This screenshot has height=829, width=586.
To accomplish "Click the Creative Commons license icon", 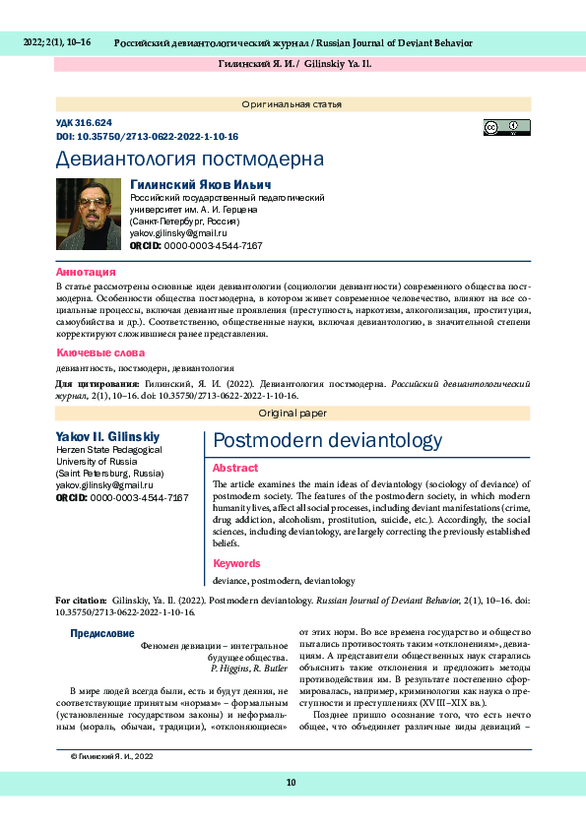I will (x=506, y=127).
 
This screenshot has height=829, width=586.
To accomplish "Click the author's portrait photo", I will (x=89, y=214).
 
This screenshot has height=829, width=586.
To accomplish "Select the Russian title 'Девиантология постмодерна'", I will (x=189, y=159).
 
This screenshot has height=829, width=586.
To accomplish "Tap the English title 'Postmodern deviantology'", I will (x=327, y=441).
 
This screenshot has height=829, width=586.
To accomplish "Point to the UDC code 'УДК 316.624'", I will (x=84, y=123).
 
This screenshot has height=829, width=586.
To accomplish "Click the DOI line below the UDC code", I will (x=147, y=137).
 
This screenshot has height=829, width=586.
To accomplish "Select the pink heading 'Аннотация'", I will (x=86, y=272).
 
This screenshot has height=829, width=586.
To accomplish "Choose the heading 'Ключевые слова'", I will (x=99, y=352).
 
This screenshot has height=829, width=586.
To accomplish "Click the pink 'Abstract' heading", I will (x=235, y=469).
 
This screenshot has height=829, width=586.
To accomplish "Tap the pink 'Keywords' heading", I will (x=236, y=563).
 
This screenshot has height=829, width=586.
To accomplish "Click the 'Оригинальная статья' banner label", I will (x=293, y=104).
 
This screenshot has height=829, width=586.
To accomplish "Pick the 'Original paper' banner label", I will (x=293, y=414).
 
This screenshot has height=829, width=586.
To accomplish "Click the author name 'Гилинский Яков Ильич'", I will (x=201, y=184).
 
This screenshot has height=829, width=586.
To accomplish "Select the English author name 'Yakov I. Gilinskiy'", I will (x=107, y=436).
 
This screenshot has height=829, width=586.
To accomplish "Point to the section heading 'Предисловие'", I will (x=102, y=633).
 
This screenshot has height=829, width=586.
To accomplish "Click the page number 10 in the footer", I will (x=292, y=783).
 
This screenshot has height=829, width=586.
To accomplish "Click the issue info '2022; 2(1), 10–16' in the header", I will (x=56, y=42).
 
